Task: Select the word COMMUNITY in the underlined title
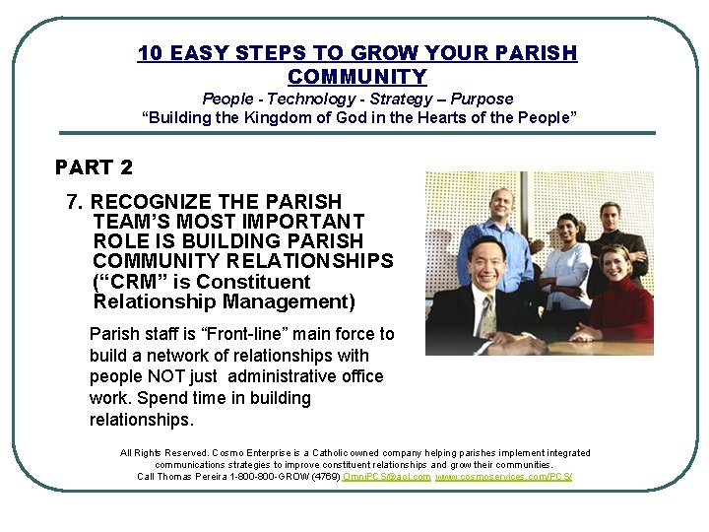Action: point(357,76)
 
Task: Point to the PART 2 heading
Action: point(94,167)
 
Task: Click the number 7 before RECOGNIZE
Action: point(72,202)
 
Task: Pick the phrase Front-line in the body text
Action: point(235,334)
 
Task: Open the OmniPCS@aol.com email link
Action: point(387,477)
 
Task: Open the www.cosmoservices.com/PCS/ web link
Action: point(504,477)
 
